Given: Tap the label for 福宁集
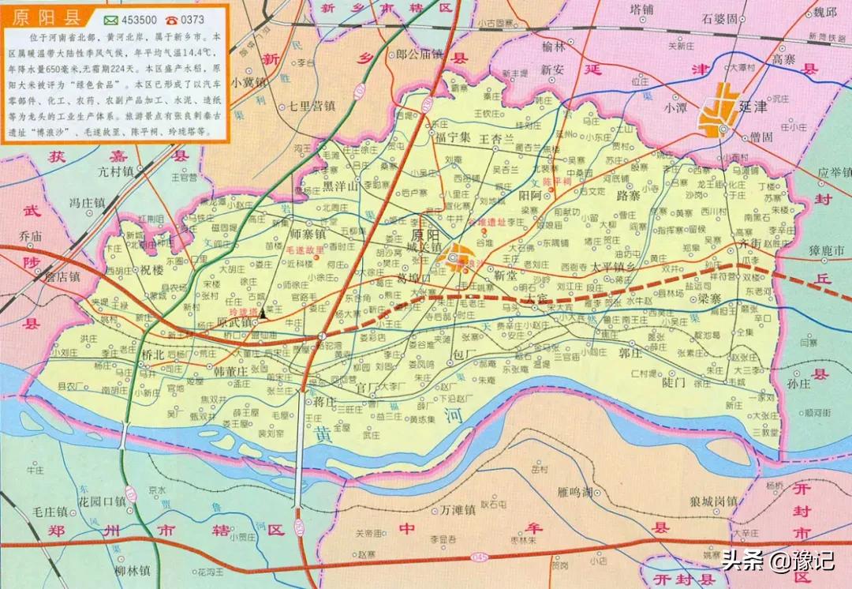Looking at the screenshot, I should (x=453, y=137).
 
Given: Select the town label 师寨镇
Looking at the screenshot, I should (x=308, y=234).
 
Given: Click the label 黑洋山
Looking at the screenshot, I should (x=341, y=187).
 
